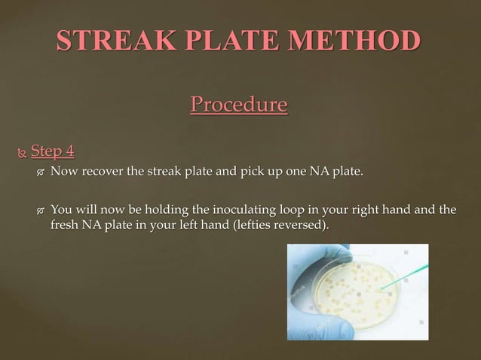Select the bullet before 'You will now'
(x=41, y=210)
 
